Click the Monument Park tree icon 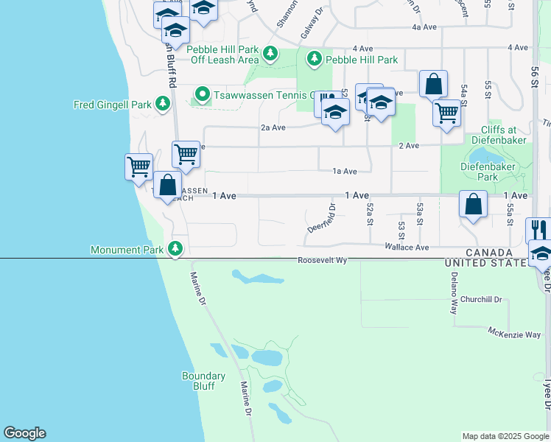pos(175,250)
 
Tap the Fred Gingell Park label pos(112,105)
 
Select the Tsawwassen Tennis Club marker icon pos(202,94)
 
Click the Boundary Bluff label pos(203,381)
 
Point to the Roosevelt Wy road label pos(322,260)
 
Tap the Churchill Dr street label pos(481,300)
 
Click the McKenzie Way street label pos(514,334)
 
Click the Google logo pos(24,433)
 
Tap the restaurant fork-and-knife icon pos(539,228)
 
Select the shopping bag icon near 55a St pos(473,203)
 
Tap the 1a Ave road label pos(345,171)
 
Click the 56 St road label pos(535,77)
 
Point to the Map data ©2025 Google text pos(505,436)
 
